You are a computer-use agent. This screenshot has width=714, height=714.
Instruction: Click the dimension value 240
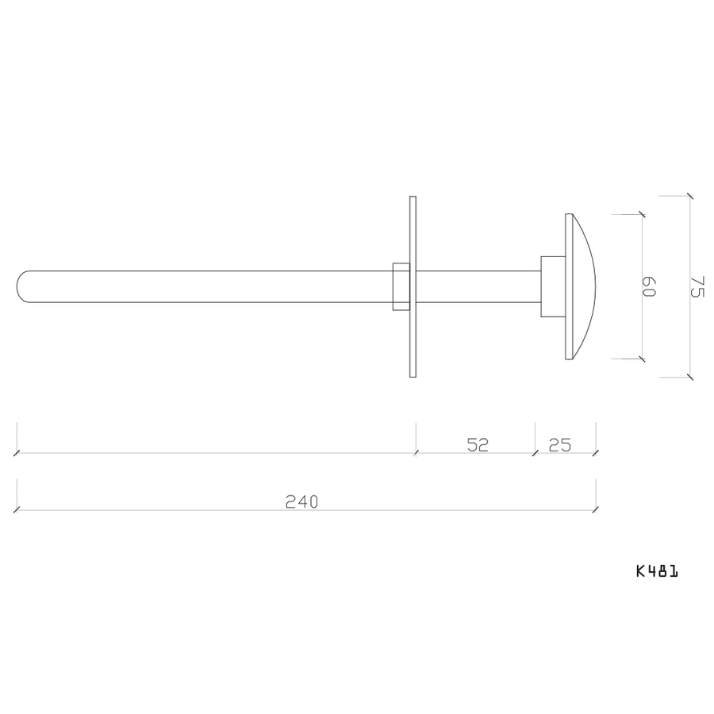click(301, 501)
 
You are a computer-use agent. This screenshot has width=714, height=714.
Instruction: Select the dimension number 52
click(476, 444)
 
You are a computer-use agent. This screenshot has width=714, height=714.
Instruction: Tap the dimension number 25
click(560, 444)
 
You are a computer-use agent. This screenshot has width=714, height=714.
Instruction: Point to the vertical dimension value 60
click(650, 286)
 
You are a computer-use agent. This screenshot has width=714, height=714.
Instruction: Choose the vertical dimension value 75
click(697, 286)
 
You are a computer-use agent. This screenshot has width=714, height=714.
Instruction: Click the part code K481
click(656, 570)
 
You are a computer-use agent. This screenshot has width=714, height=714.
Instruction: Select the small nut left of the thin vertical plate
click(401, 286)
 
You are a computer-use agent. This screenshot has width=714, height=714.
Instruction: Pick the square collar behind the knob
click(552, 286)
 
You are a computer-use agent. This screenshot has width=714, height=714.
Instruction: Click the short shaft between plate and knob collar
click(476, 286)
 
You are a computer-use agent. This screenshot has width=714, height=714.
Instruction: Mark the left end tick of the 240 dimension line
click(17, 509)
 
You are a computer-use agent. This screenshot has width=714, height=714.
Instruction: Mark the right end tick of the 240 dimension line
click(596, 509)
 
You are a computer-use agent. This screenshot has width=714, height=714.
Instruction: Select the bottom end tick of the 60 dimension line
click(641, 359)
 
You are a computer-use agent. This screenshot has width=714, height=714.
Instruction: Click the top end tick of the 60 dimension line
click(641, 214)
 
